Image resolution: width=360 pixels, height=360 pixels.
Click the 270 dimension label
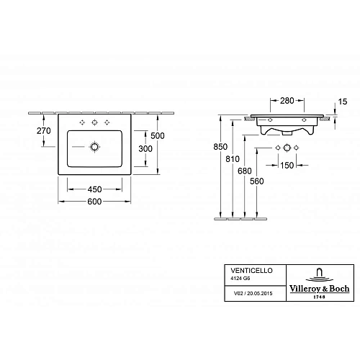point(44,131)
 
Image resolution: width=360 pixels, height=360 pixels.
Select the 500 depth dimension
point(158,136)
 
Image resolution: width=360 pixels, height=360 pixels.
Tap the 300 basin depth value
point(145,149)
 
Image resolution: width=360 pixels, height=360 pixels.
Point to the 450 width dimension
point(94,189)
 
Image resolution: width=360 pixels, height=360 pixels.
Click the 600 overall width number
point(94,202)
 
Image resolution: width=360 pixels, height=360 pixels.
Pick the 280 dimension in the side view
point(287,101)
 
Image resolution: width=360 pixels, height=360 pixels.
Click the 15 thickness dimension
point(343,102)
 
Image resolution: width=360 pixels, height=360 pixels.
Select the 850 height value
point(220,147)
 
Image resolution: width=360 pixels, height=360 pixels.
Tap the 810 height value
point(233,159)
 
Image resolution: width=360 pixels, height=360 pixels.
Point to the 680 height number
point(245,171)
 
